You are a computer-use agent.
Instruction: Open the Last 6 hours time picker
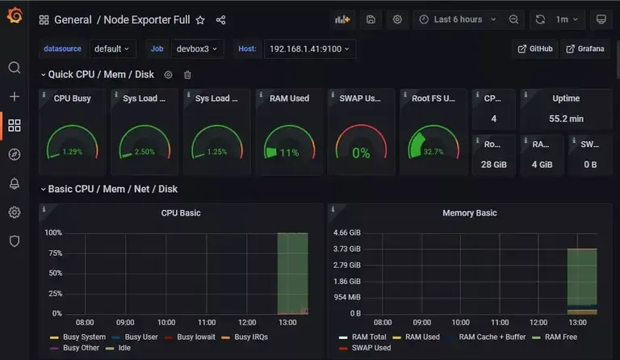coord(458,19)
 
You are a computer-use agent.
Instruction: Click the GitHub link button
coord(535,49)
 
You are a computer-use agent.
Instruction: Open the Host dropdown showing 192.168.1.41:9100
coord(311,49)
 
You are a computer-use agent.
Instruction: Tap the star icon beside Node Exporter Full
coord(200,20)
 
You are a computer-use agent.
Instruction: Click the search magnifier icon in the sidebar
coord(14,68)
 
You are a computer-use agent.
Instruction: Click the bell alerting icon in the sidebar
coord(14,183)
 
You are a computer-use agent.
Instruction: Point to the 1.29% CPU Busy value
coord(72,152)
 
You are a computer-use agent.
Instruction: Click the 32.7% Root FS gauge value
coord(434,152)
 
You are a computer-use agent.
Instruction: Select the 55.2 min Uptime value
coord(565,119)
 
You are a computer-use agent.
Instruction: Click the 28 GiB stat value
coord(493,165)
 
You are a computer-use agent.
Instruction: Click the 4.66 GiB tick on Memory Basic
coord(346,232)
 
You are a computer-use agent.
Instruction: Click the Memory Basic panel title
coord(469,213)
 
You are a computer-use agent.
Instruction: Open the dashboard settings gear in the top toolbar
coord(396,19)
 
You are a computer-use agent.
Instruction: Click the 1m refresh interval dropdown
coord(567,19)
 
